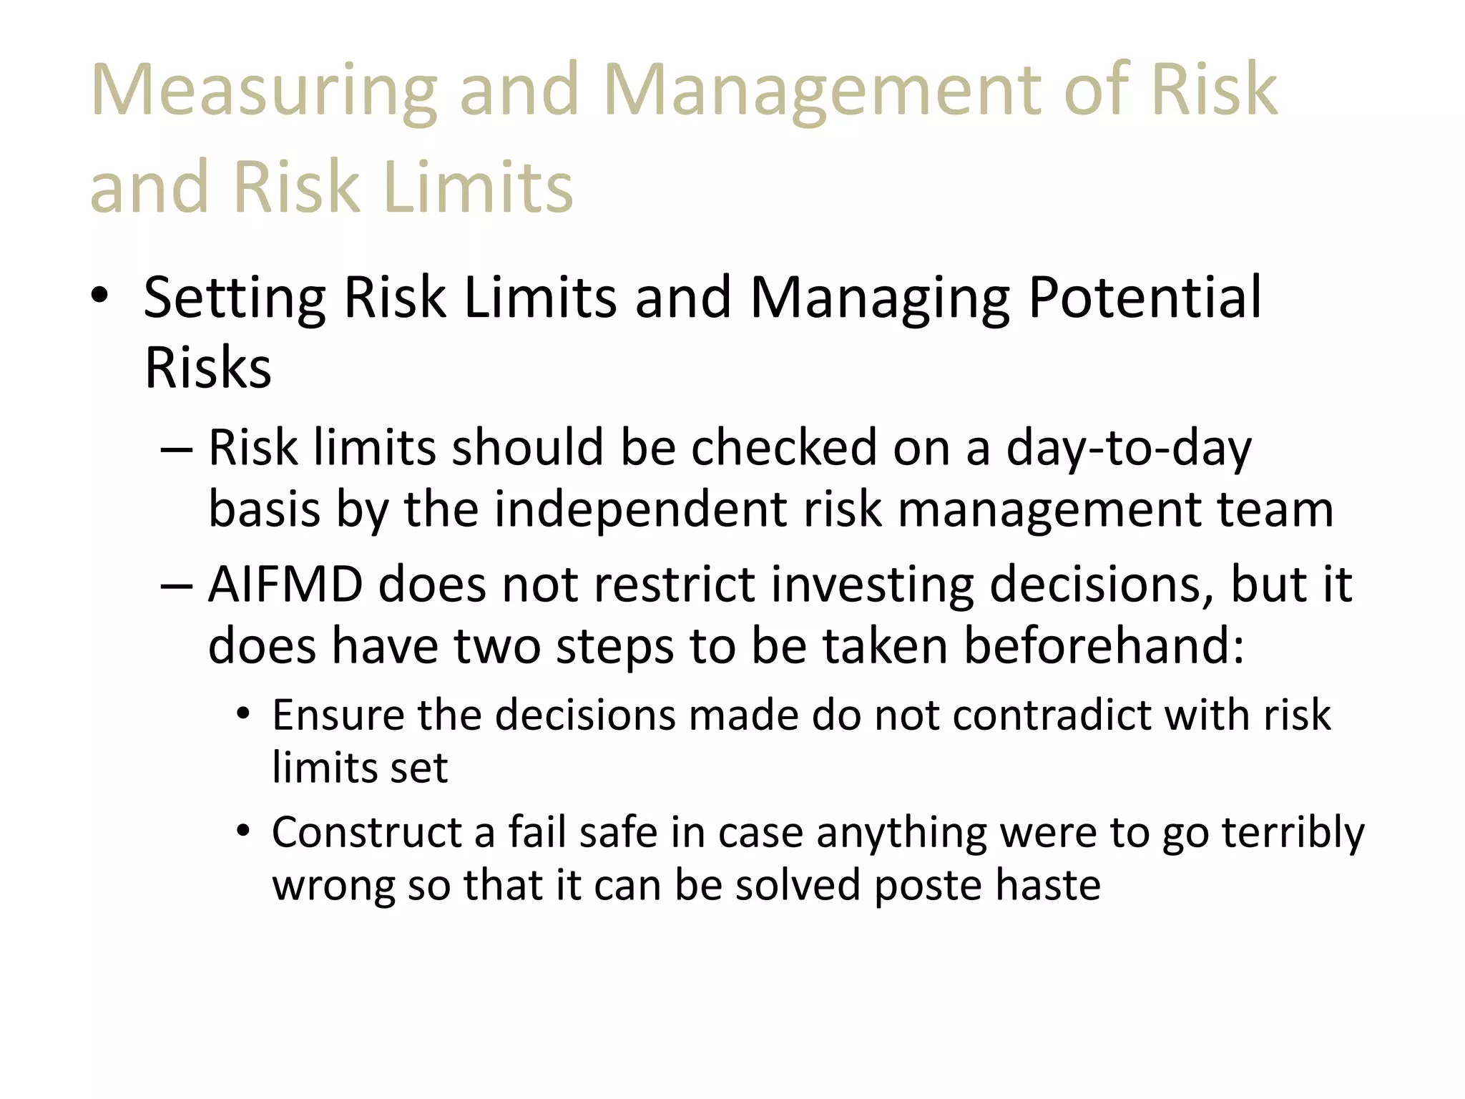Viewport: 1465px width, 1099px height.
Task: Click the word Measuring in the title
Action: pyautogui.click(x=264, y=91)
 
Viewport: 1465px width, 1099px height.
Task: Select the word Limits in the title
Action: pyautogui.click(x=478, y=187)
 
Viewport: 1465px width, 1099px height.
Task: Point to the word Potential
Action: pyautogui.click(x=1145, y=297)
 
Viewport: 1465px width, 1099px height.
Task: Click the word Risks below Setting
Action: pyautogui.click(x=207, y=368)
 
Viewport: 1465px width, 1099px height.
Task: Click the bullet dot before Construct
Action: pyautogui.click(x=244, y=832)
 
